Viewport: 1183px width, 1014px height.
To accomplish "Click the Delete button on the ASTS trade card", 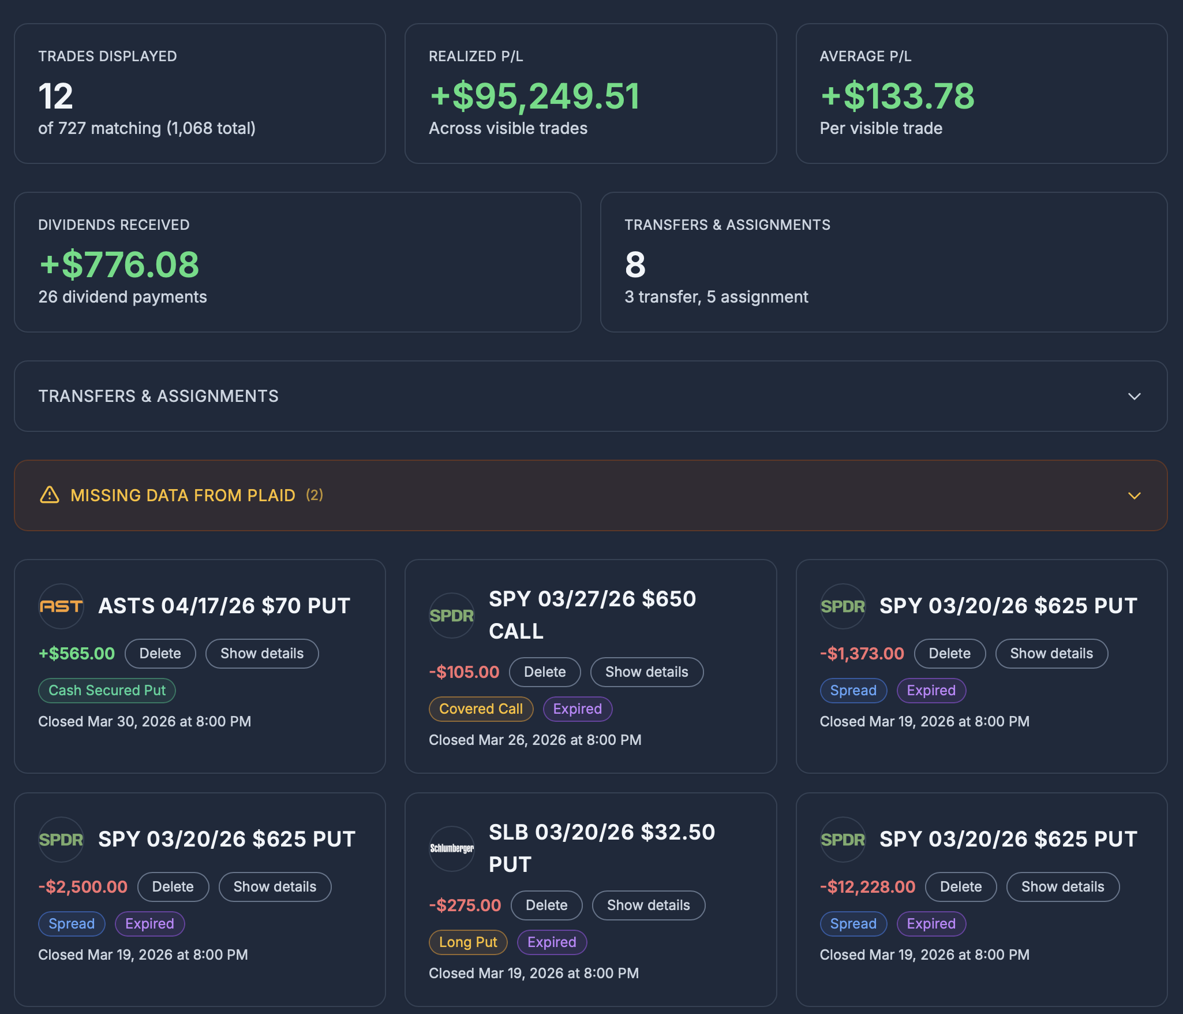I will coord(160,653).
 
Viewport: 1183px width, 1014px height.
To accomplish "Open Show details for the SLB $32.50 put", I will coord(648,905).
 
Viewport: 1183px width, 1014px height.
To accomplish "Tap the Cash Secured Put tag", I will coord(107,690).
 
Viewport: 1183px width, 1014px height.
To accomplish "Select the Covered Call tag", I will coord(481,709).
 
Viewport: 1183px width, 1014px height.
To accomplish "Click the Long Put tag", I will coord(467,942).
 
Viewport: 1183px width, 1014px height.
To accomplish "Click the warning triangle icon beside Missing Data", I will coord(50,495).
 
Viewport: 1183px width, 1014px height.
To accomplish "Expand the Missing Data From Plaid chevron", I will coord(1134,495).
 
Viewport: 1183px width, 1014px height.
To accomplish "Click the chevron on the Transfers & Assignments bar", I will coord(1134,396).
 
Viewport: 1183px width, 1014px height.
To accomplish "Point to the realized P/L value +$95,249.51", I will coord(534,96).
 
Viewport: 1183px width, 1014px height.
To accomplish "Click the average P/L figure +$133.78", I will coord(897,96).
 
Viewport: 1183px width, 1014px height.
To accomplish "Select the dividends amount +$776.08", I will coord(119,264).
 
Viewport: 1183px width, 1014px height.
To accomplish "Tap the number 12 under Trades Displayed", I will coord(55,96).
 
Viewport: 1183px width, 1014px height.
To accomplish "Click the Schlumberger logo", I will coord(451,848).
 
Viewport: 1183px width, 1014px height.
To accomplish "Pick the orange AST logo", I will coord(61,606).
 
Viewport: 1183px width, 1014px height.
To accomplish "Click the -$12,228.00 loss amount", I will coord(867,886).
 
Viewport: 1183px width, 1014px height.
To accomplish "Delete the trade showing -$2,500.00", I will coord(173,886).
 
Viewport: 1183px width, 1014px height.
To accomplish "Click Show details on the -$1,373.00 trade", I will coord(1051,653).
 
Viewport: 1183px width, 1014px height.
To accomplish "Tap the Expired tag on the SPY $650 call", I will coord(577,709).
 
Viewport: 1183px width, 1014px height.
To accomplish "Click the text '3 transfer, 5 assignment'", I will coord(716,297).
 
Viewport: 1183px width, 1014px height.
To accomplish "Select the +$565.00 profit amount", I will coord(77,653).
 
